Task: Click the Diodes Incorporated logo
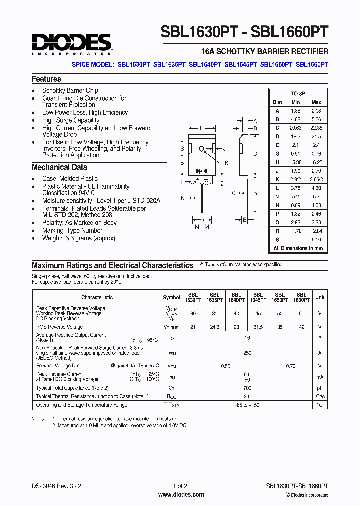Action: (72, 44)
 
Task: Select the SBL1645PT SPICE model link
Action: (241, 64)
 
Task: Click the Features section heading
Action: (46, 79)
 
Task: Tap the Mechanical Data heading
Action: (59, 167)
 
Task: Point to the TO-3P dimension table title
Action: (298, 94)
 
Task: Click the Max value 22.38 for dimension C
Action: (316, 128)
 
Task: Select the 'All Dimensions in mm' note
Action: (298, 248)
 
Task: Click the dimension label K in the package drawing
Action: (227, 163)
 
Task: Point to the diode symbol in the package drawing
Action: (202, 170)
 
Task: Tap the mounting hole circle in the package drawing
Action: (202, 149)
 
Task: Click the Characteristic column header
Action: (97, 297)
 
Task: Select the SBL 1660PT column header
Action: (301, 298)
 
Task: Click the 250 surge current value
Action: (247, 353)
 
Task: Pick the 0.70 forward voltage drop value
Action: (290, 366)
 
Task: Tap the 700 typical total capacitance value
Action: (247, 388)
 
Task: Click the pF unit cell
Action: (319, 388)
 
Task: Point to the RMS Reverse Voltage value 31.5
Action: (258, 327)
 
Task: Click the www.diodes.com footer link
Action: (181, 495)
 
